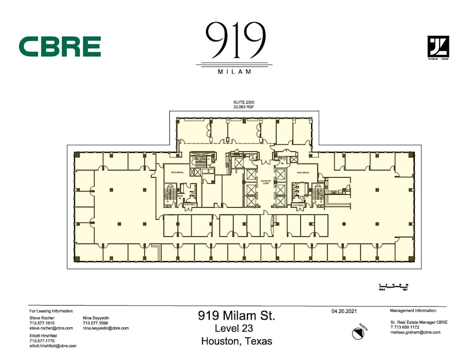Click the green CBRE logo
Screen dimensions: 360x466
(60, 46)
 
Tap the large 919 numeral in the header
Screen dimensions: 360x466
(236, 41)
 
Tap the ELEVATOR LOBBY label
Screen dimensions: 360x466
(266, 181)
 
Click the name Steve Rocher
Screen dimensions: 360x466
(42, 318)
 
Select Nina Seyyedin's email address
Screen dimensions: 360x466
(106, 328)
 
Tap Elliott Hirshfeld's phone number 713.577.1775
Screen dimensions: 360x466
(41, 340)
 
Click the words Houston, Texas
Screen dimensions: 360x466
(236, 341)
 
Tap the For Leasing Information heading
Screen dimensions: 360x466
(51, 310)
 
